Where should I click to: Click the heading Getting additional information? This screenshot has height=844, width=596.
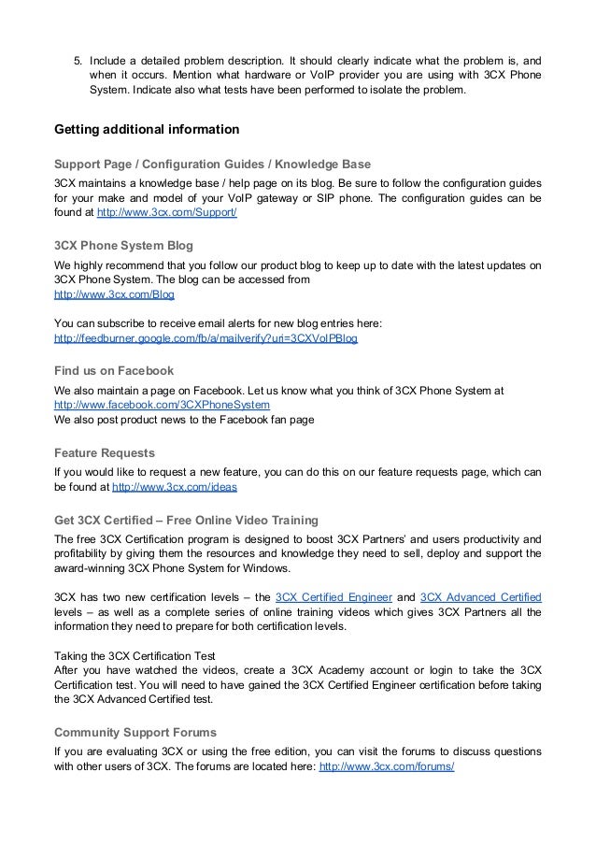[x=147, y=128]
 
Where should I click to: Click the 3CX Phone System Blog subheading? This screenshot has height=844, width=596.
[x=124, y=246]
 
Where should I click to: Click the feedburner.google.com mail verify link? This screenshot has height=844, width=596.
[x=206, y=338]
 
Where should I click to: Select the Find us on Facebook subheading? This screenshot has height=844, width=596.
[x=114, y=371]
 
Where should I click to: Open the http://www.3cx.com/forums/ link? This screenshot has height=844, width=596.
[x=387, y=765]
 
